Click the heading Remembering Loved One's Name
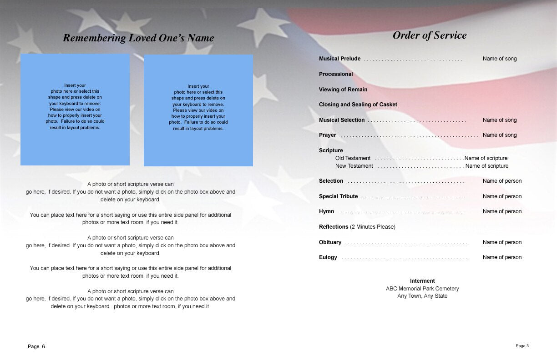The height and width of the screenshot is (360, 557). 138,38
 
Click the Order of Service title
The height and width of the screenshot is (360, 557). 430,35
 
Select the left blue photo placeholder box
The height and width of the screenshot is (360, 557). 75,110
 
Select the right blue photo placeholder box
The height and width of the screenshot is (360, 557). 198,110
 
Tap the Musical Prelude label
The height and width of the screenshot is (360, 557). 339,59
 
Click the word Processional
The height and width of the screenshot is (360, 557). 336,74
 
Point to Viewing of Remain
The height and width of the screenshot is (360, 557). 343,90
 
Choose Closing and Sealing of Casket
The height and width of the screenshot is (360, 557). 358,105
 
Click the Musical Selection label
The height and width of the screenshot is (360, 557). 342,120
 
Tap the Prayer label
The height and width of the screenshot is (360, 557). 328,135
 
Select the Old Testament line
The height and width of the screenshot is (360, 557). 353,158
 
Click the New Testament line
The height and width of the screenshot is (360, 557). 354,166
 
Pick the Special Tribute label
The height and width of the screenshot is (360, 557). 338,196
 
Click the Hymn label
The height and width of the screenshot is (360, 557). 326,211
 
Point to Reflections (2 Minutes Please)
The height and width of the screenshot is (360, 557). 357,227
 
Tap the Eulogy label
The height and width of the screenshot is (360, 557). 328,257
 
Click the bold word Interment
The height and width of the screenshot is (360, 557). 422,281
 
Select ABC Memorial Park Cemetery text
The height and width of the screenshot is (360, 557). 422,289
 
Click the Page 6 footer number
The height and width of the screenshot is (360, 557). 36,346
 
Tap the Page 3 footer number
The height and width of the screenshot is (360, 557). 522,346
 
